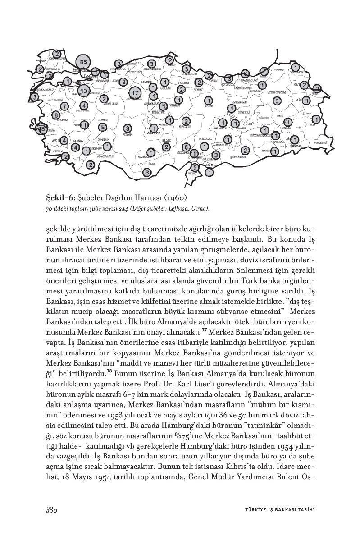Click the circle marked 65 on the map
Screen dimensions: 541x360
(83, 62)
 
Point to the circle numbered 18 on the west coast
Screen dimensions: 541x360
(42, 129)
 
